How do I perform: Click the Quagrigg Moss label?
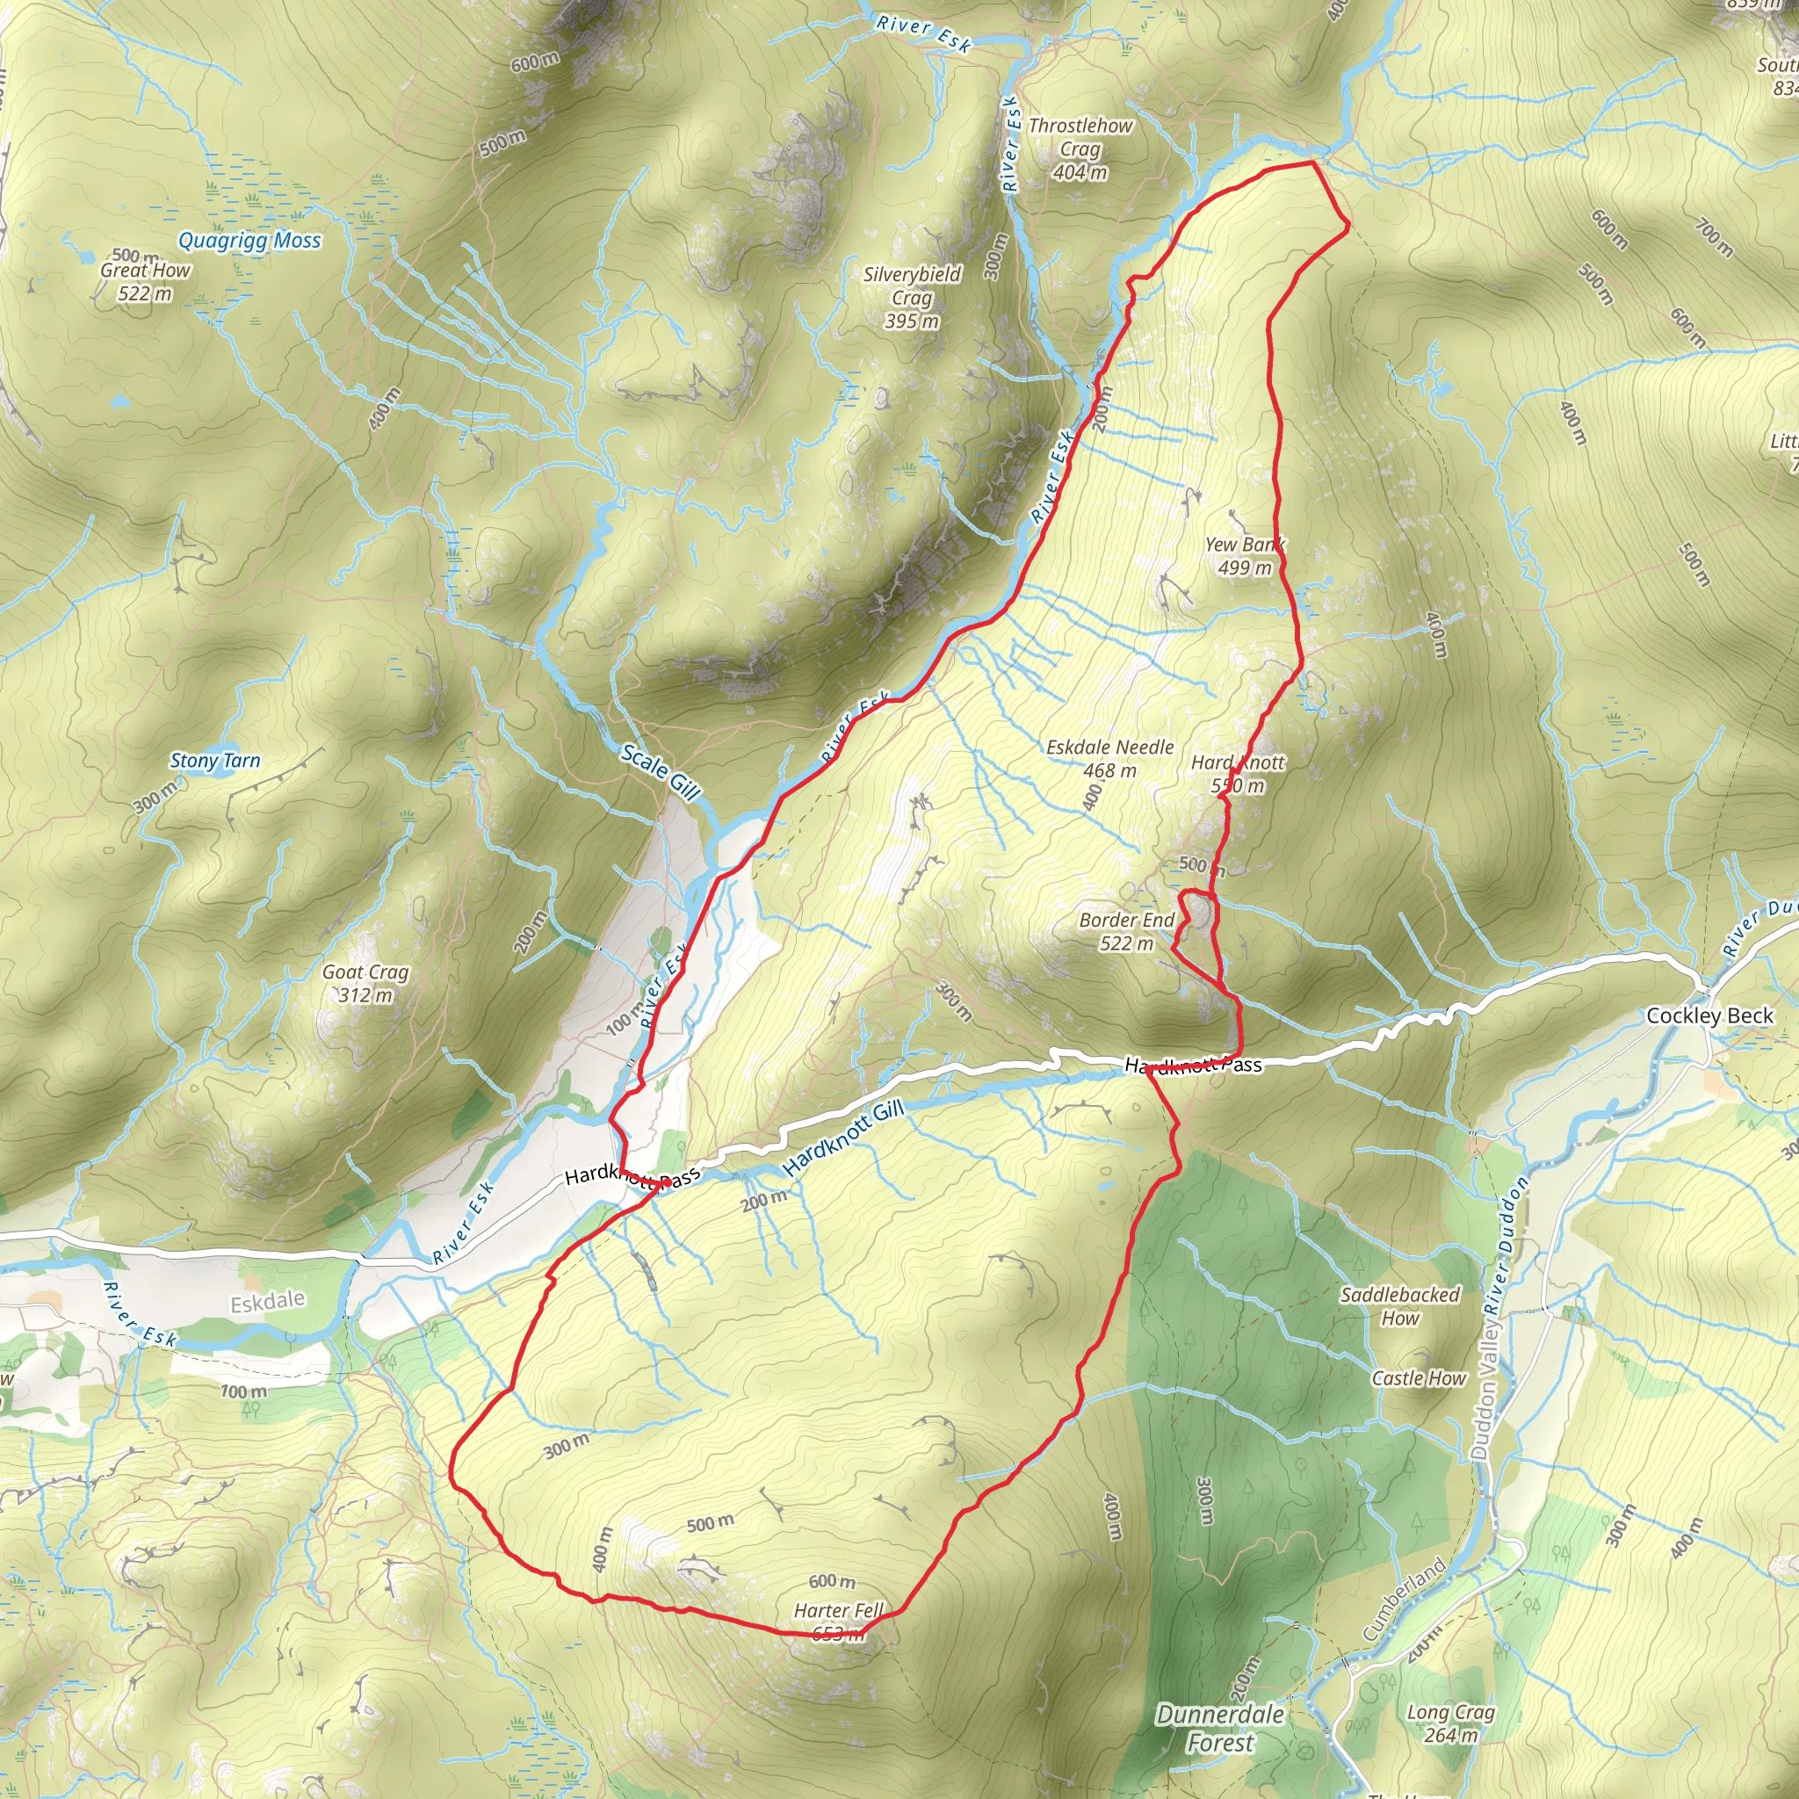(249, 240)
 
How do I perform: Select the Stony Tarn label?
(215, 761)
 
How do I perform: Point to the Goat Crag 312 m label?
(365, 983)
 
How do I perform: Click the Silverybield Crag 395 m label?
(912, 297)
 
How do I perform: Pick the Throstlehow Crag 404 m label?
(1080, 149)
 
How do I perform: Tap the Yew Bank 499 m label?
(1245, 556)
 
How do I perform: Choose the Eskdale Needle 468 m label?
(1110, 758)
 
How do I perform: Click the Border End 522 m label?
(1127, 931)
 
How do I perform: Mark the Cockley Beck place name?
(1709, 1016)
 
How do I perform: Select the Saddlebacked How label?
(1399, 1306)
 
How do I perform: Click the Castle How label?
(1418, 1378)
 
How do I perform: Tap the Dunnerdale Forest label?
(1220, 1728)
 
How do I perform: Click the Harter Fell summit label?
(838, 1622)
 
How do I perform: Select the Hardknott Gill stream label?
(843, 1138)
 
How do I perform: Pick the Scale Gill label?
(661, 772)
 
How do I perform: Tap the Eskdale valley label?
(267, 1301)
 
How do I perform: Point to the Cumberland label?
(1405, 1599)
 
